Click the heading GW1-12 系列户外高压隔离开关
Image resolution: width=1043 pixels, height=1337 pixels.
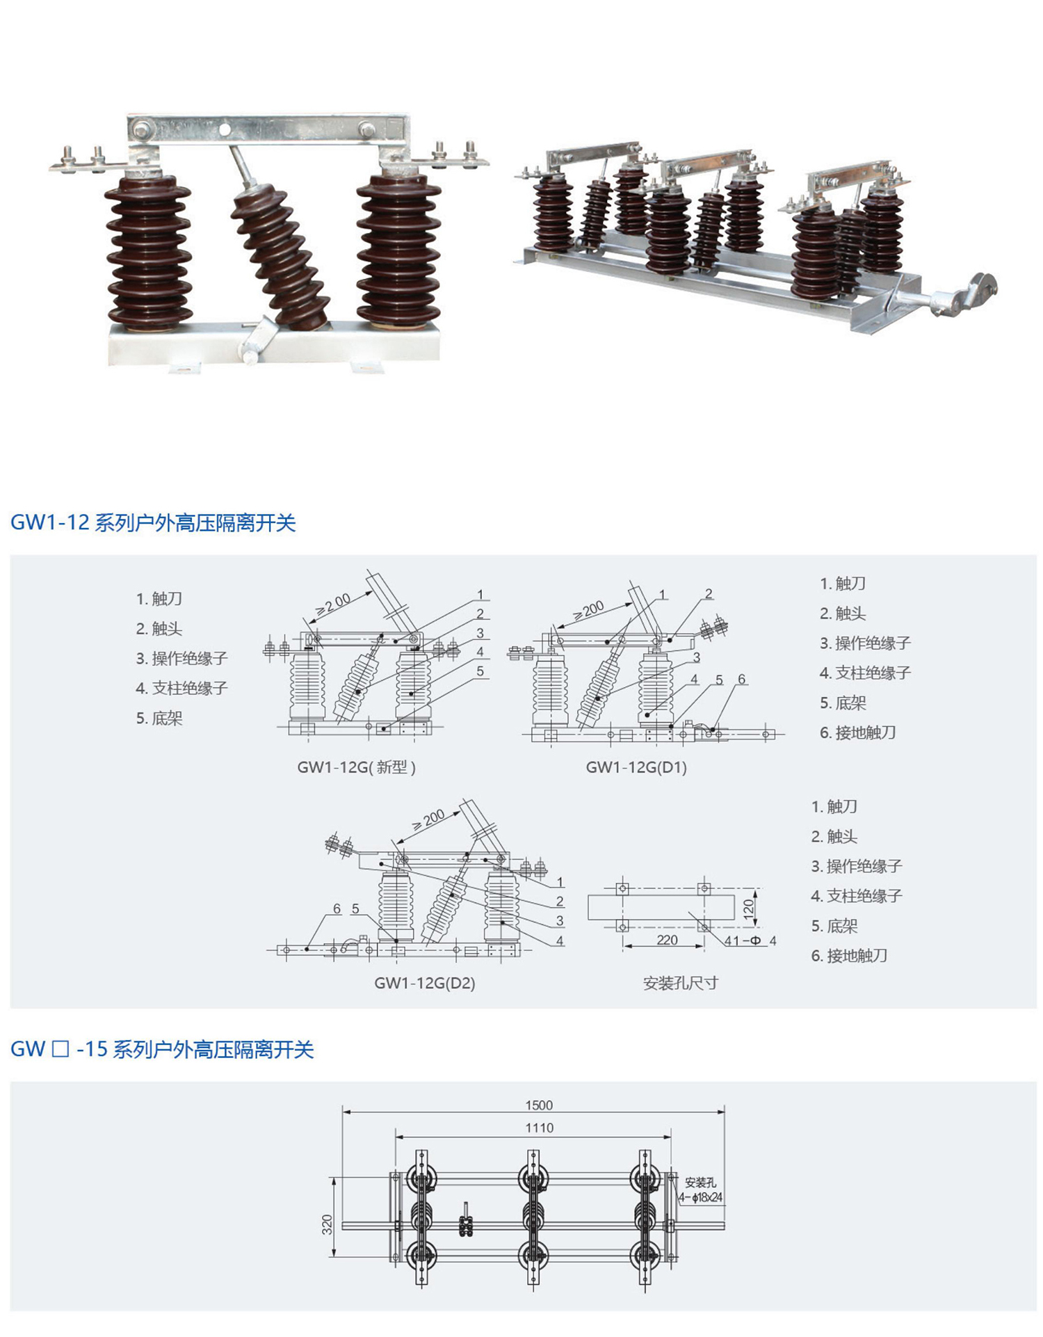[x=153, y=522]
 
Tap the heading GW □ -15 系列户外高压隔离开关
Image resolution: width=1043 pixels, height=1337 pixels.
[x=162, y=1049]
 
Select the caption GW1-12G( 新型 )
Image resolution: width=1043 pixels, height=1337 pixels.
[x=356, y=767]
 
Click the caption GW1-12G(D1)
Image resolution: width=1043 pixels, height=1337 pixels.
[x=636, y=767]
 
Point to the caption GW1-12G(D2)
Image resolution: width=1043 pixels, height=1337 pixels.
[x=424, y=983]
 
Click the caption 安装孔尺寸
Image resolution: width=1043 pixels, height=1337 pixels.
[x=680, y=983]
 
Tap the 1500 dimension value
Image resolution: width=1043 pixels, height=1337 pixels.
[x=539, y=1105]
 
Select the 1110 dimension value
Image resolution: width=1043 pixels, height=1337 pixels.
[x=539, y=1128]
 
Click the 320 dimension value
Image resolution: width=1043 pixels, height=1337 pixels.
[x=328, y=1224]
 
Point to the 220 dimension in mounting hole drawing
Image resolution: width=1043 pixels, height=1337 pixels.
[x=667, y=940]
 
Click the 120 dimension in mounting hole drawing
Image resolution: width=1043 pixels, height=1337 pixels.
[x=749, y=908]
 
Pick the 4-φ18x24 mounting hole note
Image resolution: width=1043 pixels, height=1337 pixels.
[x=701, y=1198]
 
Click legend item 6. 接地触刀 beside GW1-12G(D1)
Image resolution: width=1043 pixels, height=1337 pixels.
[x=857, y=732]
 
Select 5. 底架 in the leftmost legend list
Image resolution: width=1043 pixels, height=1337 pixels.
[x=159, y=718]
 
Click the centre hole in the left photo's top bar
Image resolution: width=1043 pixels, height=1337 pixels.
[x=225, y=129]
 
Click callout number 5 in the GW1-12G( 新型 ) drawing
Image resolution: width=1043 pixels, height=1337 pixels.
[x=480, y=671]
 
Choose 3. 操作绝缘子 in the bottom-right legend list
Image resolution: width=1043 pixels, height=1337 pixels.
[x=856, y=866]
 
